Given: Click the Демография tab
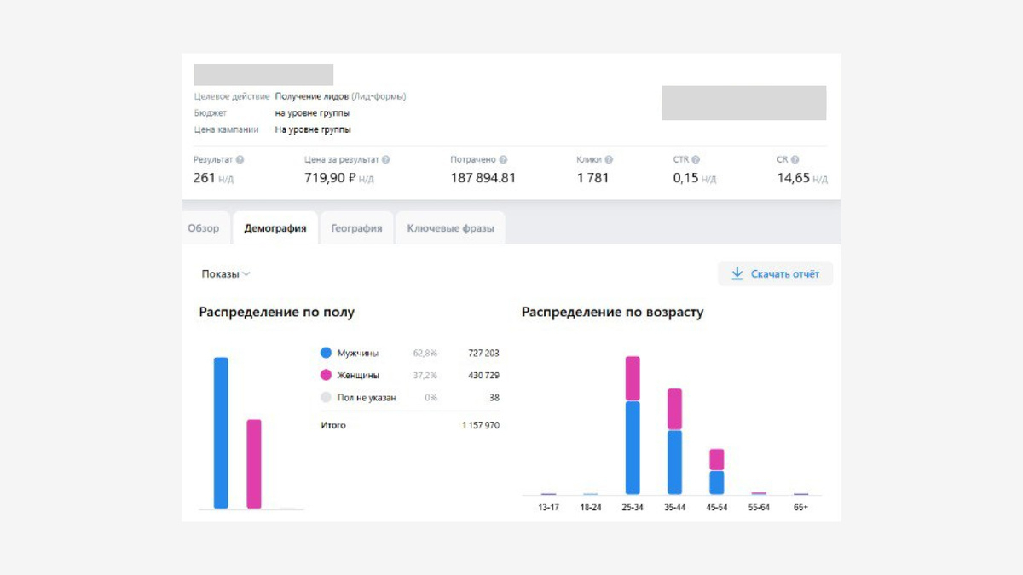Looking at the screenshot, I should point(275,228).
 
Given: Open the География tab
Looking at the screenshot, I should point(356,228).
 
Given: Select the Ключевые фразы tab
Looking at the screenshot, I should point(450,228).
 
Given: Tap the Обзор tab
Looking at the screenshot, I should point(204,228).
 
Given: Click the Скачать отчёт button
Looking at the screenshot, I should point(775,273).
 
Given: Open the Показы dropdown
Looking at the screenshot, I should point(225,274).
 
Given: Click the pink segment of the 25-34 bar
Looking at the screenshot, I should point(633,378).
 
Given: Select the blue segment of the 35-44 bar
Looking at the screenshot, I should point(674,462).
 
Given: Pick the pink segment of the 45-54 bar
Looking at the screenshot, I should point(717,460).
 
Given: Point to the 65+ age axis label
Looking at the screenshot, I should point(800,508).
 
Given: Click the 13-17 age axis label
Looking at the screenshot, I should point(548,508).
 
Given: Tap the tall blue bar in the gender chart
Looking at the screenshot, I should point(221,433).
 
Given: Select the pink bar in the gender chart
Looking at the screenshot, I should point(254,463).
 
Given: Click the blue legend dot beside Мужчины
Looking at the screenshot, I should point(326,353).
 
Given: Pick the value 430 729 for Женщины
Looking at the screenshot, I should point(483,375).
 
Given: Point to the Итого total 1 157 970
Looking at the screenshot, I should point(481,424).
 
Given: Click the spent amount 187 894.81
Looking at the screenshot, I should point(483,178).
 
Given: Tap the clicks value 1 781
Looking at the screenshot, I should point(592,178).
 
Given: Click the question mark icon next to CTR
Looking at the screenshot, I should point(696,159).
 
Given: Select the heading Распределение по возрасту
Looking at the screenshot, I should point(612,313).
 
